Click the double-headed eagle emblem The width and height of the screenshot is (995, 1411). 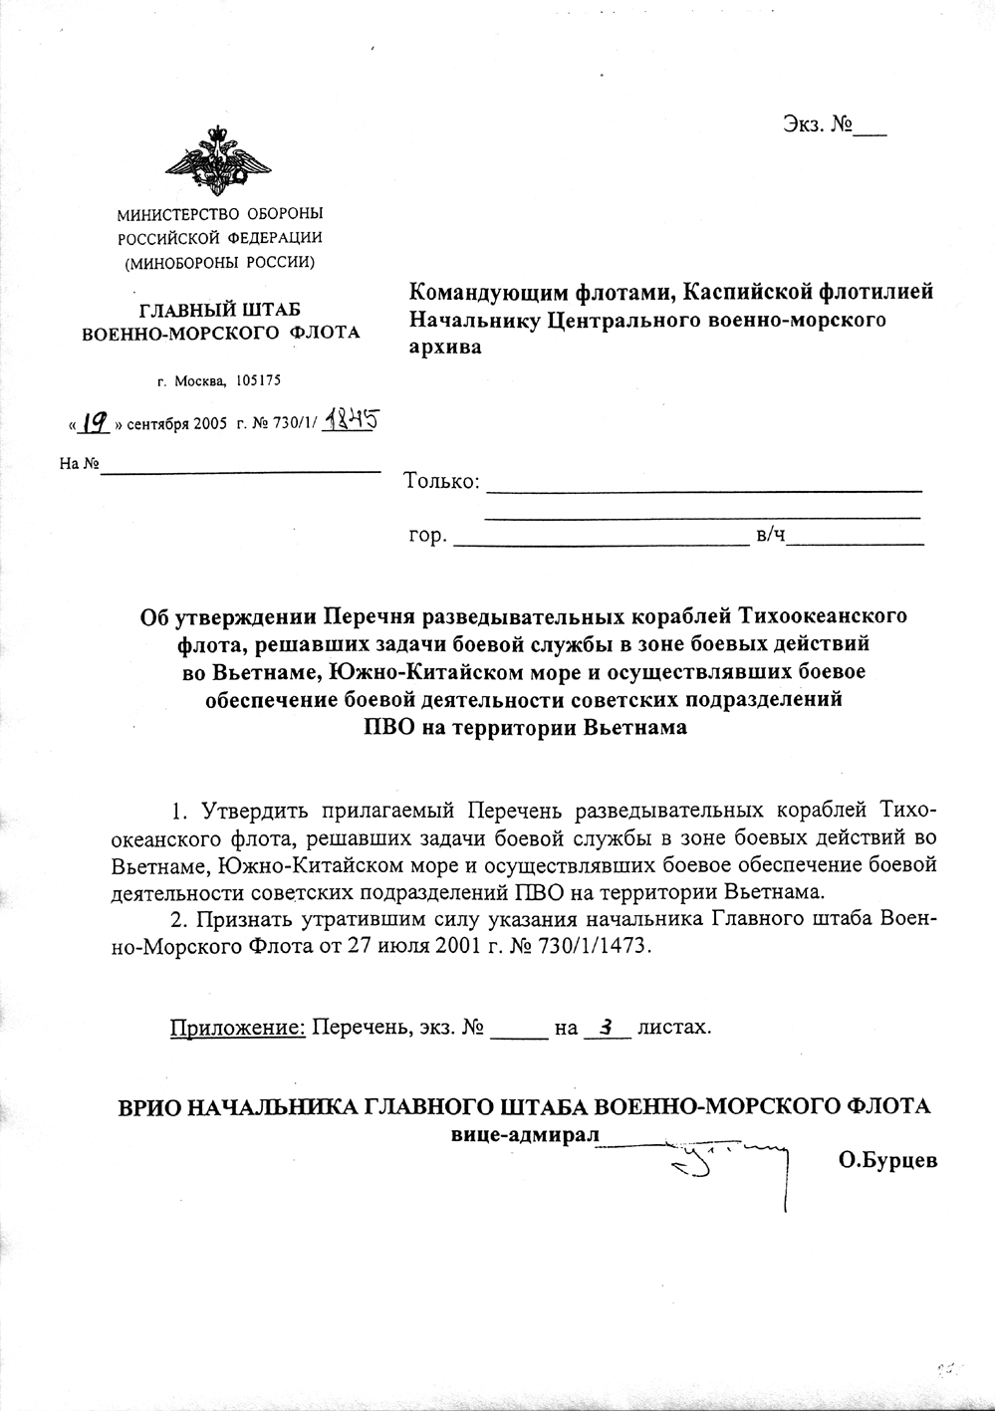click(218, 161)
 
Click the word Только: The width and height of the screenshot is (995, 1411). click(442, 482)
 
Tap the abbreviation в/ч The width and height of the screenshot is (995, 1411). click(771, 537)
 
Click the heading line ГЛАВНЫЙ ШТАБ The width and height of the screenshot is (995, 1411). click(220, 310)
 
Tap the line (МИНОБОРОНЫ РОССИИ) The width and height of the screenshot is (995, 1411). click(219, 262)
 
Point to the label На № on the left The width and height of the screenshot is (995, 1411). click(79, 464)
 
